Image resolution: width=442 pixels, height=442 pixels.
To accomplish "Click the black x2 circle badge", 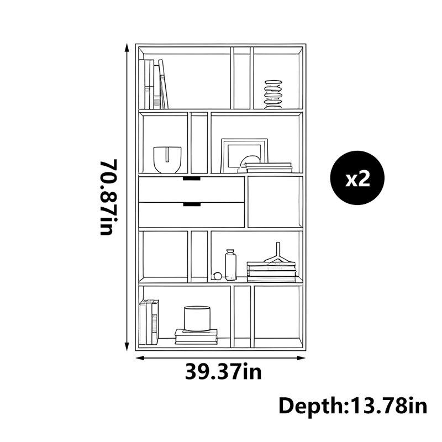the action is (357, 178).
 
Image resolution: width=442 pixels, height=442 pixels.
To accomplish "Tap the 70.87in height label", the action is (109, 197).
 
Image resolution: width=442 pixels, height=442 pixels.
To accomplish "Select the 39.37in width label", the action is (223, 372).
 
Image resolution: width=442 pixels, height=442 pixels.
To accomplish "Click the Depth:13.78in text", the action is (352, 406).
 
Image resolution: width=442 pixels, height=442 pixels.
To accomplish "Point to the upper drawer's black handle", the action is (192, 178).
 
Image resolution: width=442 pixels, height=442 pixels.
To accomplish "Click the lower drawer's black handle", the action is (192, 204).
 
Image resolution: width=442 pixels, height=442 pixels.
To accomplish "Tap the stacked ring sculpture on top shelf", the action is (273, 94).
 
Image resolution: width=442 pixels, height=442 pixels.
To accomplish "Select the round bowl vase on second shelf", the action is (167, 160).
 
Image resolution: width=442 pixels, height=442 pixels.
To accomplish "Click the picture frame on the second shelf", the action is (244, 155).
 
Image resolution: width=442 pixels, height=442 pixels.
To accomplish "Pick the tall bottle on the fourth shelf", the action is (230, 265).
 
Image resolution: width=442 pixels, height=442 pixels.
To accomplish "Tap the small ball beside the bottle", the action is (217, 276).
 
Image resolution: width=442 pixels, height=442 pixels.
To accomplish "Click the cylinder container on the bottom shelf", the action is (197, 319).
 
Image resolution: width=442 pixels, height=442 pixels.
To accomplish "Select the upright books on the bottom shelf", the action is (149, 322).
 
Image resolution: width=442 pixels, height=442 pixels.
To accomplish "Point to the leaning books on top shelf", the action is (154, 84).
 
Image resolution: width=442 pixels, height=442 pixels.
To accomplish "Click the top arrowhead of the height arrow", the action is (127, 48).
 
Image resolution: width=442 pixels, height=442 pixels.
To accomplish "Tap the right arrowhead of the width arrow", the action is (302, 358).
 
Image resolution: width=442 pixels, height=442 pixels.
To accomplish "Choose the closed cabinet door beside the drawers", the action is (275, 202).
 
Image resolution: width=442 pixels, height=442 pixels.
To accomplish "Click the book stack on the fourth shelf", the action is (271, 271).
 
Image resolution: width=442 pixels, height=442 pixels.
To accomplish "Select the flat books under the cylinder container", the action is (196, 336).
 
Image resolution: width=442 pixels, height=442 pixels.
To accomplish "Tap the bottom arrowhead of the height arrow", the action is (127, 347).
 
